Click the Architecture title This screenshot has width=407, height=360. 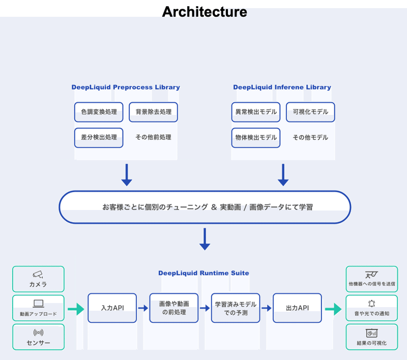pos(204,12)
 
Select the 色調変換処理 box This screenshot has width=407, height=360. pos(99,112)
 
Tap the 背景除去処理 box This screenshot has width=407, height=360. pos(153,112)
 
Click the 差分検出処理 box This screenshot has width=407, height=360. pos(99,137)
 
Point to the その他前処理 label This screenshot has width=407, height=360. pos(153,137)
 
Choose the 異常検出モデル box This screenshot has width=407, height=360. pos(255,112)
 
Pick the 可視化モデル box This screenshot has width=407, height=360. pos(310,112)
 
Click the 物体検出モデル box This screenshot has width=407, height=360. pos(255,137)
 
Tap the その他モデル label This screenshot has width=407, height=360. pos(310,137)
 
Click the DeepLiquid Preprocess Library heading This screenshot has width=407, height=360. pos(126,87)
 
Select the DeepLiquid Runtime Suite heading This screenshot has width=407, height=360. pos(203,273)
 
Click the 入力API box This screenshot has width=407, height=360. pos(112,308)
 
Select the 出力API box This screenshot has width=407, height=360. pos(297,308)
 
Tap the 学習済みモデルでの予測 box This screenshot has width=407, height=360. pos(235,308)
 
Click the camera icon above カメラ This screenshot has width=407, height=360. pos(38,274)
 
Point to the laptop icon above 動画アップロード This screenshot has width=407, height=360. pos(38,304)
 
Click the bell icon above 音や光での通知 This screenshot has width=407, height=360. pos(371,304)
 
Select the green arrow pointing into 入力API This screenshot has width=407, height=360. pos(76,308)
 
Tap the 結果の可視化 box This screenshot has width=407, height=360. pos(371,337)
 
